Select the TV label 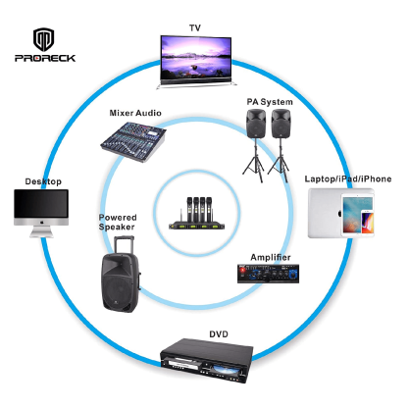196,26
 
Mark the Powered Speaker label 118,223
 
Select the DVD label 218,333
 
